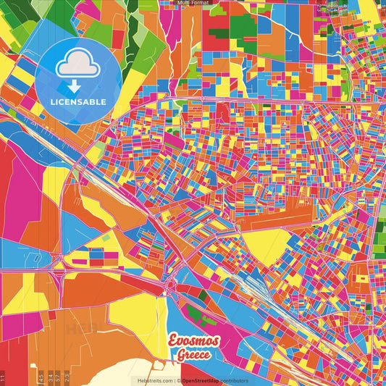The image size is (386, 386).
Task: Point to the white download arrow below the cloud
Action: [x=72, y=85]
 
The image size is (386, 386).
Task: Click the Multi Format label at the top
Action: [x=193, y=3]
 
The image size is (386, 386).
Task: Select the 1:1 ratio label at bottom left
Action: [x=3, y=377]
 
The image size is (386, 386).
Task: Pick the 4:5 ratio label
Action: [x=41, y=377]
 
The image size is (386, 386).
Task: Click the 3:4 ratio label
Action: [x=50, y=377]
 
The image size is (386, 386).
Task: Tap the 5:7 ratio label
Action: [x=59, y=377]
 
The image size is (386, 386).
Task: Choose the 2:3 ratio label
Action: [x=67, y=377]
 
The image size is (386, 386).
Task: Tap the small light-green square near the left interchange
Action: [x=106, y=238]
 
